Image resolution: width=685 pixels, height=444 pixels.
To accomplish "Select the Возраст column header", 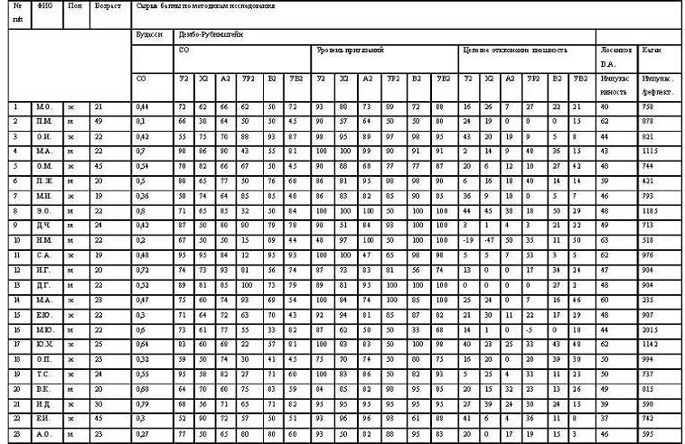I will tap(107, 6).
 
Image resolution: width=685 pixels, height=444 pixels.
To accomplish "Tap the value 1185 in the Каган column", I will tap(650, 209).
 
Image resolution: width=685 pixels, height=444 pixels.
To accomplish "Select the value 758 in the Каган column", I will tap(648, 107).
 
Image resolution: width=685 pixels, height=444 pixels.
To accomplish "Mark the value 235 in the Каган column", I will tap(648, 299).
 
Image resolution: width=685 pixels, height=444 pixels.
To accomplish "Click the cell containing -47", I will tap(489, 240).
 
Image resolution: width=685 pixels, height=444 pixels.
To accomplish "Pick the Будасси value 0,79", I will tap(141, 403).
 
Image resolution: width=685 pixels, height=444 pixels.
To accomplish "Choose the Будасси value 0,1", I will tap(140, 120).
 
